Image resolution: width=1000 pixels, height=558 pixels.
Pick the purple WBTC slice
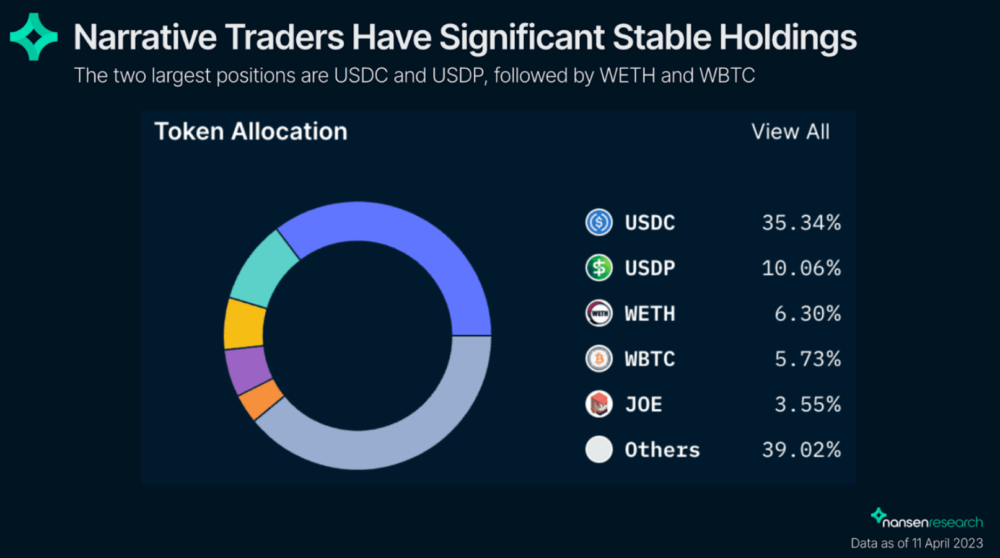click(247, 370)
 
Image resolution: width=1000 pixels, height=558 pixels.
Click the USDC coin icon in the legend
click(599, 222)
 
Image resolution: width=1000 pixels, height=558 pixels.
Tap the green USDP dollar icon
click(599, 268)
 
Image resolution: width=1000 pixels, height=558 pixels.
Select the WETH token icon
click(599, 313)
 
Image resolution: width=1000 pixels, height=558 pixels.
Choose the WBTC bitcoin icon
click(599, 358)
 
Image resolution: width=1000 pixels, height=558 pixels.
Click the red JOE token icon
click(599, 404)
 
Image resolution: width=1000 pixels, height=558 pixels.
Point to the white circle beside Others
click(599, 449)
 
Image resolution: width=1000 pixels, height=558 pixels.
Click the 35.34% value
click(801, 223)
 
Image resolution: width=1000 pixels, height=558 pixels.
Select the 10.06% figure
click(801, 268)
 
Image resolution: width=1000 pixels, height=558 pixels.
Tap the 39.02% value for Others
click(801, 449)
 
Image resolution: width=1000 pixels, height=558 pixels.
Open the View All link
click(790, 131)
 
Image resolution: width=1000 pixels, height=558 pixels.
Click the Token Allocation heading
click(251, 131)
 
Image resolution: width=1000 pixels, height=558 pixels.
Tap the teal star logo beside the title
click(33, 37)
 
